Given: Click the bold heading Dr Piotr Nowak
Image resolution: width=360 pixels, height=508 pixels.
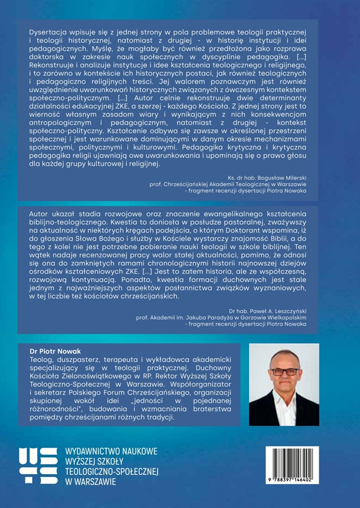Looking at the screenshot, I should coord(55,351).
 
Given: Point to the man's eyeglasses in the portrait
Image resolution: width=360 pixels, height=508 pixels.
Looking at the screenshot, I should coord(284,371).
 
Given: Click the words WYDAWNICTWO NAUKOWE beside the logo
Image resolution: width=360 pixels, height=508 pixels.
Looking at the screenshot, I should coord(112,452).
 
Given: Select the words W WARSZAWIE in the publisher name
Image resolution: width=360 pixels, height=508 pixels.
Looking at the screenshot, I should coord(91,482).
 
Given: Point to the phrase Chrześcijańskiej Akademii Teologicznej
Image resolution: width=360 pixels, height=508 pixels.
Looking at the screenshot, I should coord(214,183).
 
